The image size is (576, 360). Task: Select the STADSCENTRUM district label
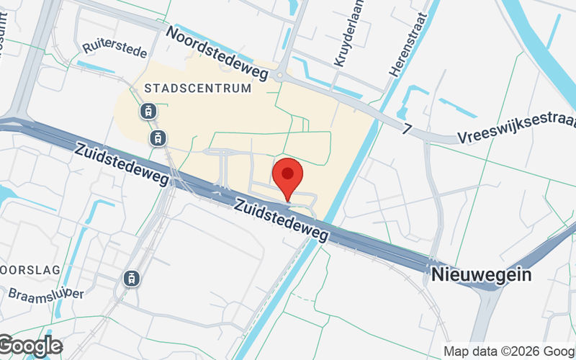pos(198,88)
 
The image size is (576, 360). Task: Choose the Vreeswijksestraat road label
pos(516,134)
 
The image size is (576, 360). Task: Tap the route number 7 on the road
pos(408,129)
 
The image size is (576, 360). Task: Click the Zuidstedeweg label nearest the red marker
pos(282,220)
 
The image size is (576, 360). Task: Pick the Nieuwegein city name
pos(482,275)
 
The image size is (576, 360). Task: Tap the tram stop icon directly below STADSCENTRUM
pos(148,111)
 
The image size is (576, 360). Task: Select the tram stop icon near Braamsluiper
pos(132,277)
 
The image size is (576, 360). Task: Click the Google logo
pos(30,346)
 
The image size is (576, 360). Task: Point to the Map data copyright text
pos(508,351)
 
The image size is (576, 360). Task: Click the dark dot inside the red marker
pos(288,174)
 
